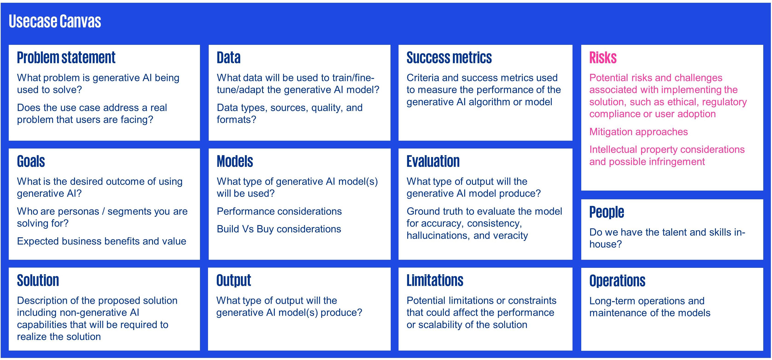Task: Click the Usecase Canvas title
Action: tap(55, 21)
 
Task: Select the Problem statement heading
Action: tap(66, 57)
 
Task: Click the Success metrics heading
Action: tap(449, 57)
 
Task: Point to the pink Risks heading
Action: tap(603, 57)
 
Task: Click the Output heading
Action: tap(234, 281)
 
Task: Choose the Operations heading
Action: tap(617, 281)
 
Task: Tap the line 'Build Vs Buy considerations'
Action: tap(279, 229)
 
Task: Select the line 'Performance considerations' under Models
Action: tap(279, 211)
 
